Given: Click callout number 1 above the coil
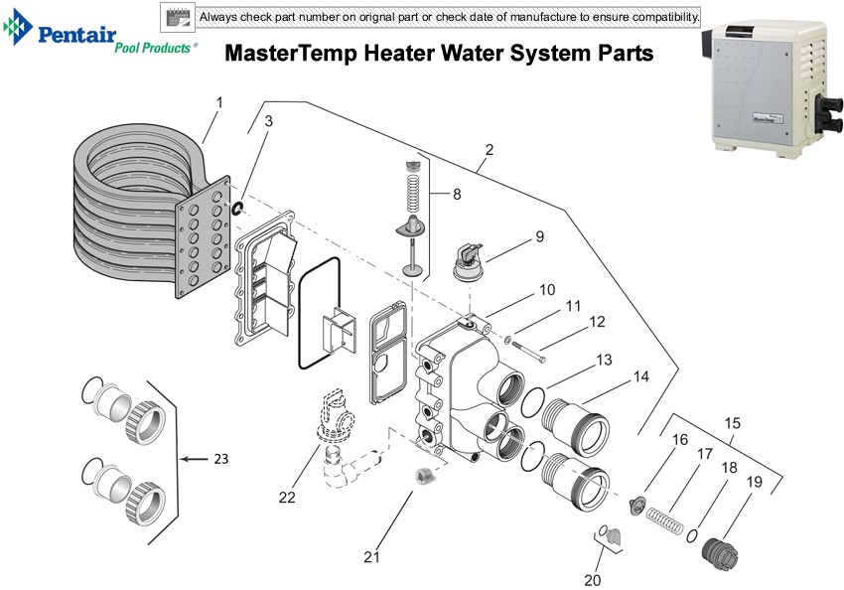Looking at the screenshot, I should coord(218,101).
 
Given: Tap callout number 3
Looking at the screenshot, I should coord(268,120).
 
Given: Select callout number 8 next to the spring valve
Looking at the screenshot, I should coord(457,195).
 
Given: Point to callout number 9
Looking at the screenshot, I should coord(539,236).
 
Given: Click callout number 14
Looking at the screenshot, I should coord(641,377).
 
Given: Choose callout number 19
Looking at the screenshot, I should coord(755,481).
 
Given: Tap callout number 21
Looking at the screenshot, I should coord(371,557).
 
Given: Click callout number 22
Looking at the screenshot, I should coord(287,498).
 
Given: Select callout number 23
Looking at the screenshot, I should coord(220,459).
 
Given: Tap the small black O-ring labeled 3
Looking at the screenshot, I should coord(236,207).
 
